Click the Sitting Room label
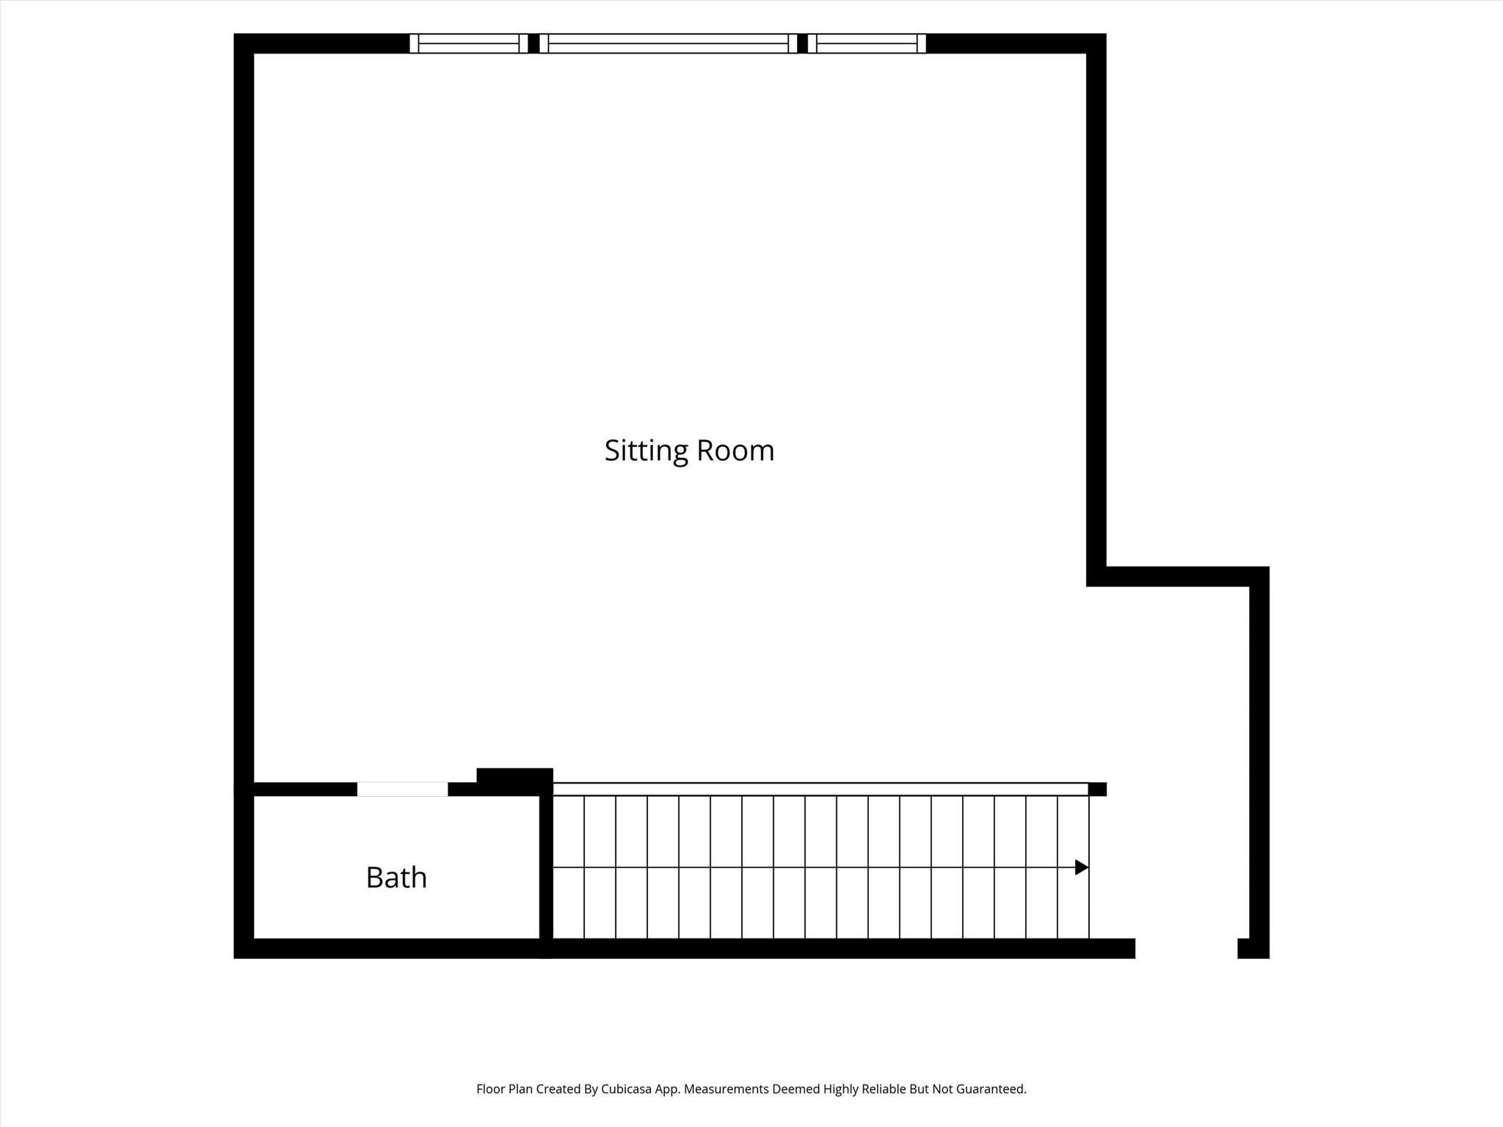689,451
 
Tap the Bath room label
396,877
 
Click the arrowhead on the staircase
1082,867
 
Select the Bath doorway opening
402,789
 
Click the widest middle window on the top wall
668,43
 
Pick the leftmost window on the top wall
468,43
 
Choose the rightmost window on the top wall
867,43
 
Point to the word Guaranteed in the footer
989,1089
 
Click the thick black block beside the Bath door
514,781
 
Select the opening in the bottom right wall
1186,948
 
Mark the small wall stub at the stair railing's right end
1097,789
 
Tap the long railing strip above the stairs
820,789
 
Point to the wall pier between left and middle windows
534,43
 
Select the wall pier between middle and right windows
802,43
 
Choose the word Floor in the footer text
490,1089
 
